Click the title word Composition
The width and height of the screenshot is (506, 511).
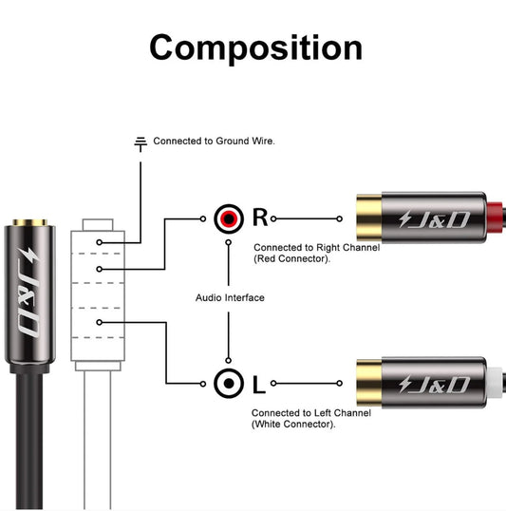[255, 47]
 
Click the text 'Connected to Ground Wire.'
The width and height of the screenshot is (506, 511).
[214, 141]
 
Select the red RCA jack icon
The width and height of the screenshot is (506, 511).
[228, 218]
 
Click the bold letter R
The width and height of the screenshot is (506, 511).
[260, 218]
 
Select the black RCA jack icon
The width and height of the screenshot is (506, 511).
[228, 384]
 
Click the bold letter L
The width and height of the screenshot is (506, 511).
[259, 385]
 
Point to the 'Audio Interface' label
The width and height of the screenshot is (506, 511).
[230, 297]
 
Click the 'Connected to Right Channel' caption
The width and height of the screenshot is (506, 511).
[316, 247]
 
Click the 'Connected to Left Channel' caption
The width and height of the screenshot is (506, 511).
[312, 413]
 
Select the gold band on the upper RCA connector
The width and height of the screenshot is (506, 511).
[369, 218]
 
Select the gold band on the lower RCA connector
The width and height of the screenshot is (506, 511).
[369, 384]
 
